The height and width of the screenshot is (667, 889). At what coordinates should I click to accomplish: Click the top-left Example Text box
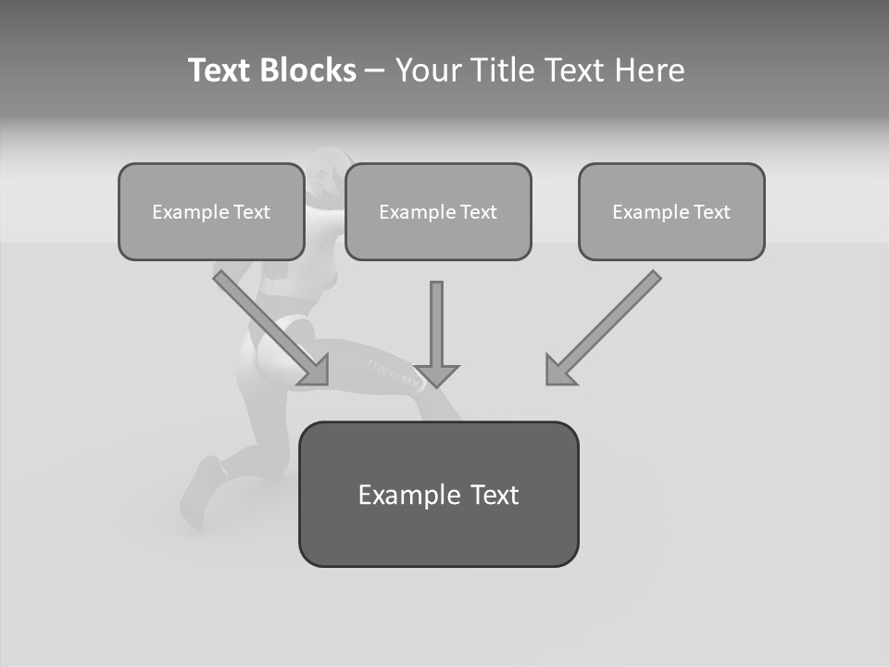click(211, 211)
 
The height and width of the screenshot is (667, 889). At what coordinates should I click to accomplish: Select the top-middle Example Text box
click(438, 211)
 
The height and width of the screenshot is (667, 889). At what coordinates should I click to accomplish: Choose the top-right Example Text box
click(671, 211)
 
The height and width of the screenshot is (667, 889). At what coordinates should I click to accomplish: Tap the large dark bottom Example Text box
click(438, 494)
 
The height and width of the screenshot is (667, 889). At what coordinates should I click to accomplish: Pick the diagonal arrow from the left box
click(269, 324)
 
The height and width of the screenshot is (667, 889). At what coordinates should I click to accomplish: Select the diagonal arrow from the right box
click(607, 324)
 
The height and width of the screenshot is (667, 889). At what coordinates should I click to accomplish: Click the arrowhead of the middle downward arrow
click(437, 375)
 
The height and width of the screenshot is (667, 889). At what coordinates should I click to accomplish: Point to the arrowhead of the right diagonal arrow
click(557, 371)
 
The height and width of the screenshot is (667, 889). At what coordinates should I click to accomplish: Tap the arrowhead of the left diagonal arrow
click(317, 371)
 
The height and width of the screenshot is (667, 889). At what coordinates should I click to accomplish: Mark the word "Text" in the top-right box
click(711, 211)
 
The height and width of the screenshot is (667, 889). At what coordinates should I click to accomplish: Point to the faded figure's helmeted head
click(323, 171)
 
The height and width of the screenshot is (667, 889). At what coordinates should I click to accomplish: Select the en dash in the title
click(375, 70)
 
